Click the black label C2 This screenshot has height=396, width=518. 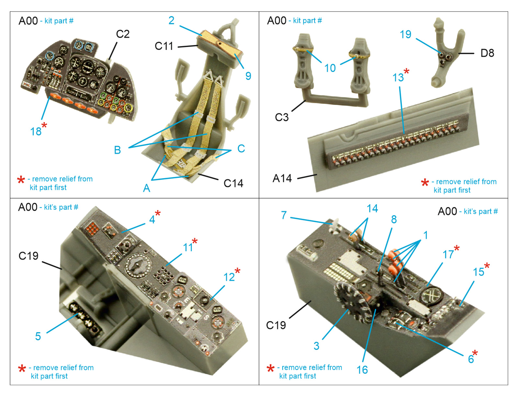123,34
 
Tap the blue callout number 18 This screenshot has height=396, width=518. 36,131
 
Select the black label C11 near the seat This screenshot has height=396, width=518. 164,46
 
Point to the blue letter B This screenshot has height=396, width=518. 117,150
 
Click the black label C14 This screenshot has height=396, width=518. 233,183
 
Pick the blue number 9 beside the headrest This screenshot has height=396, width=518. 248,76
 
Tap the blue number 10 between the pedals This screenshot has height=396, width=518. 330,68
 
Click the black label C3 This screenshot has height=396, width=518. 282,117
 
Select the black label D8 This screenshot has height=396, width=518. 487,53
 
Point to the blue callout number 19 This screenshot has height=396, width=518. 405,34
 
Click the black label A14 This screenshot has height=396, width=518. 282,178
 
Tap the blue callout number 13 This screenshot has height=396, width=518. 398,77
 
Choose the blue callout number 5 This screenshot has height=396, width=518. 38,336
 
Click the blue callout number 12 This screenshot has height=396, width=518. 229,277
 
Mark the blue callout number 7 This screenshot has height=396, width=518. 284,215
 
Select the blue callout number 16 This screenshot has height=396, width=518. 362,369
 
